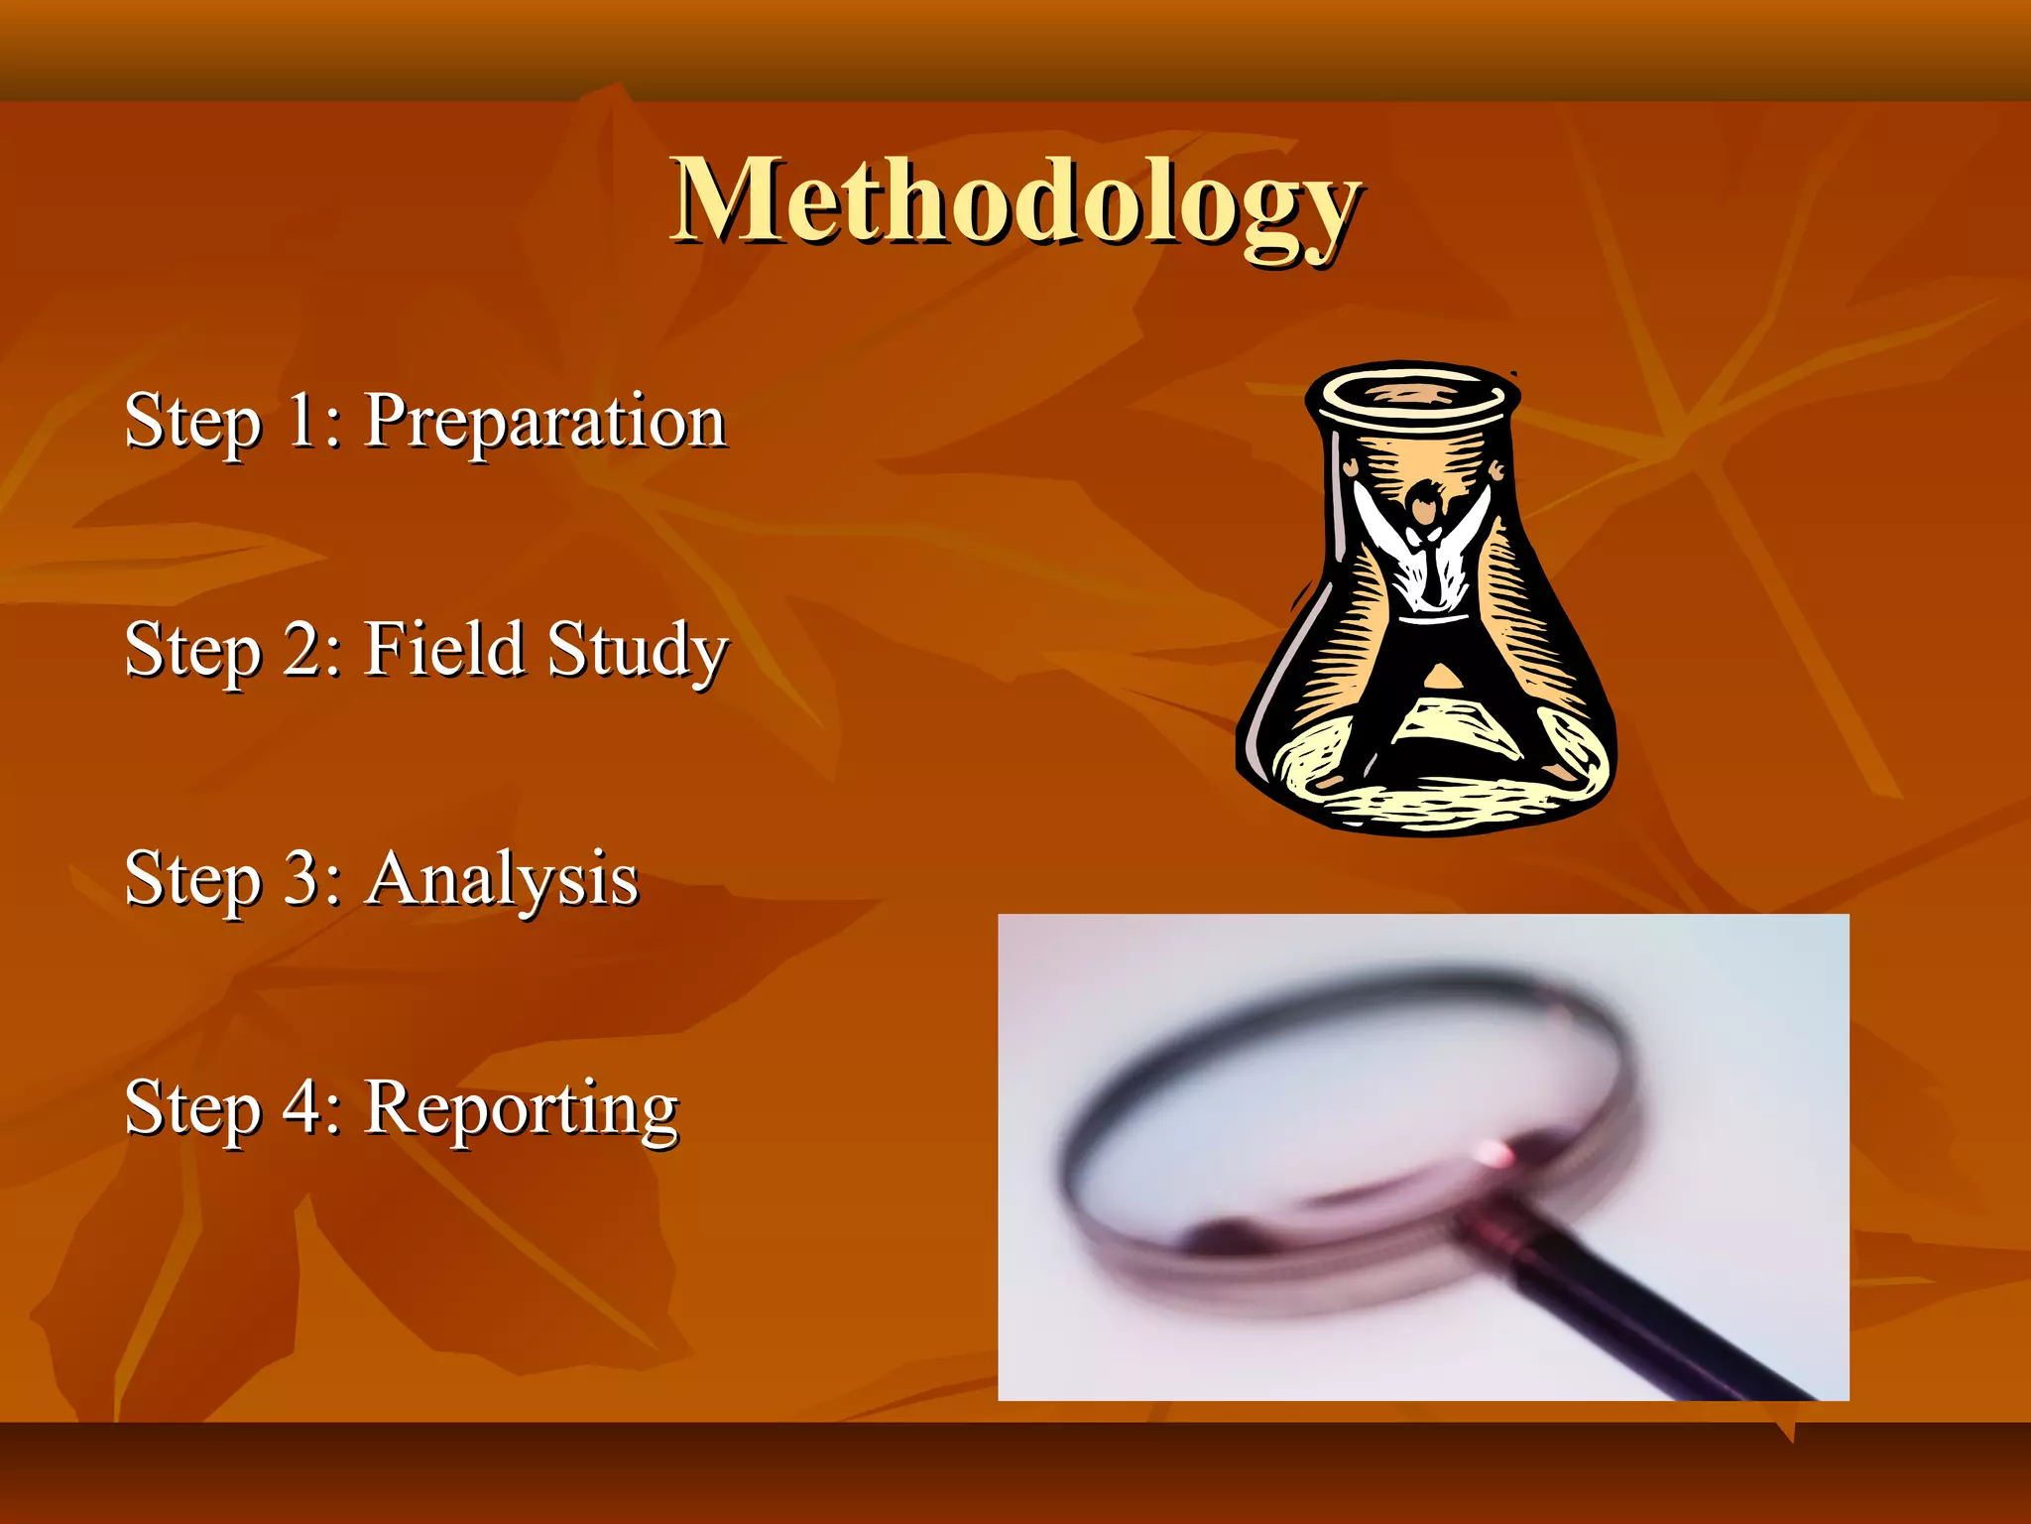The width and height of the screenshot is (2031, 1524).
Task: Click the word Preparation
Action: [545, 422]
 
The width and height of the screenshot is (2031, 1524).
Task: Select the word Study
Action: [637, 651]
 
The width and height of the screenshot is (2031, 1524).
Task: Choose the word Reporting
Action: [522, 1109]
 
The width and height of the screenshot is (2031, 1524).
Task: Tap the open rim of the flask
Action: [1412, 395]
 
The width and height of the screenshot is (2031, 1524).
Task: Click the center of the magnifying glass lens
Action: [1349, 1101]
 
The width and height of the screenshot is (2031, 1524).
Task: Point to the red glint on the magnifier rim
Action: [1493, 1154]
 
